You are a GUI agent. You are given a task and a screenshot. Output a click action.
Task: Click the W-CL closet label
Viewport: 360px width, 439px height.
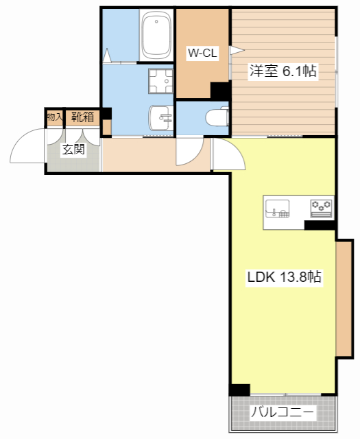pos(202,53)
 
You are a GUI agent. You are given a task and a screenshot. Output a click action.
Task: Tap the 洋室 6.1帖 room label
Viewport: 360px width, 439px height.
pos(283,71)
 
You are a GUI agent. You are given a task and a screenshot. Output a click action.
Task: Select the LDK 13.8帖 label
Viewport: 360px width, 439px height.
pos(284,277)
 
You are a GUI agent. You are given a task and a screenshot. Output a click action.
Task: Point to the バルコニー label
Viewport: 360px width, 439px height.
pos(282,412)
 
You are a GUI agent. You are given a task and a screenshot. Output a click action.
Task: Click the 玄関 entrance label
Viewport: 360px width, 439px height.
pos(73,150)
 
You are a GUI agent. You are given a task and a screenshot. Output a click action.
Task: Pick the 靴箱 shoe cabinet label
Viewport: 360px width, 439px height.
pos(82,117)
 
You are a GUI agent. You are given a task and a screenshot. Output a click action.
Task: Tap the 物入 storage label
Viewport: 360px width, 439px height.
pos(55,117)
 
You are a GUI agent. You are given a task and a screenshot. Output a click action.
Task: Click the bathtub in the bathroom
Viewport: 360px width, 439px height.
pos(156,35)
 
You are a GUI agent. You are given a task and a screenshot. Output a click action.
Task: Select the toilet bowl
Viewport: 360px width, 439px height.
pos(217,117)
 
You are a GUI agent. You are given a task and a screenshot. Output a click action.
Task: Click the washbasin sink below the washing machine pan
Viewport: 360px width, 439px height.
pos(161,118)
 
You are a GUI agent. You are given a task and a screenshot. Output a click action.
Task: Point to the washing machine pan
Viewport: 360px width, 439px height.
pos(160,81)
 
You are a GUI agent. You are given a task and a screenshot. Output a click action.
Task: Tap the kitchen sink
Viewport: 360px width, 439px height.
pos(277,209)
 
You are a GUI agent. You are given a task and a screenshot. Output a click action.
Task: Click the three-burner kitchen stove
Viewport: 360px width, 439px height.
pos(322,209)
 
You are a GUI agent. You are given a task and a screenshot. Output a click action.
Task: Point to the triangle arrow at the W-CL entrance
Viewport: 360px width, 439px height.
pos(237,50)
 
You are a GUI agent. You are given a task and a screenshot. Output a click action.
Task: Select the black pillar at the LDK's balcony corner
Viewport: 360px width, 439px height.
pos(239,390)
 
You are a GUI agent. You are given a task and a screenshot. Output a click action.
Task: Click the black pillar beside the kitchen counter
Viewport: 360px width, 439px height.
pos(320,226)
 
